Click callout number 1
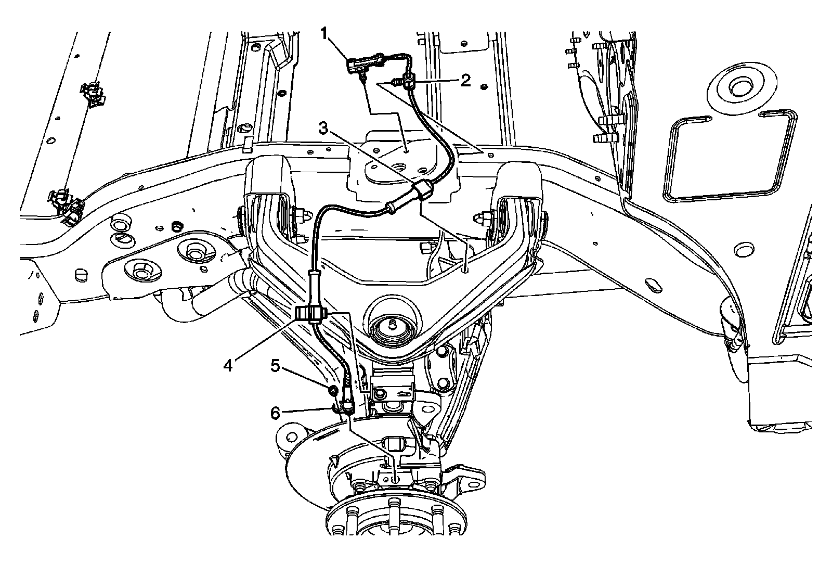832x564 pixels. [324, 34]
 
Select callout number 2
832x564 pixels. [464, 80]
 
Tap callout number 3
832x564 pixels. [323, 129]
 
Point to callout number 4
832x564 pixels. [227, 365]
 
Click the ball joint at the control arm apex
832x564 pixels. [391, 324]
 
